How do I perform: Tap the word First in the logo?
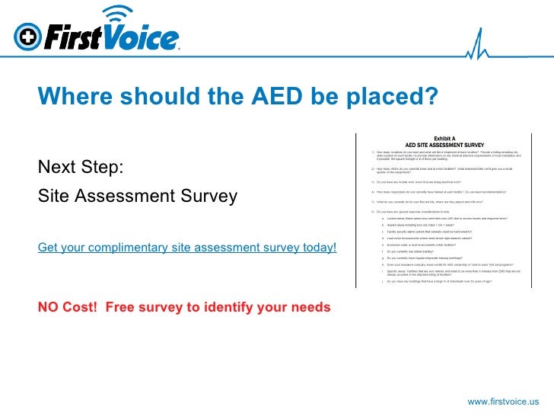[73, 37]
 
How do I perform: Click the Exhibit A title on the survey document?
[445, 137]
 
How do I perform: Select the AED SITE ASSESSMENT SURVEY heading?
[445, 143]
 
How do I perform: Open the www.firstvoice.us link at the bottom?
[503, 401]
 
